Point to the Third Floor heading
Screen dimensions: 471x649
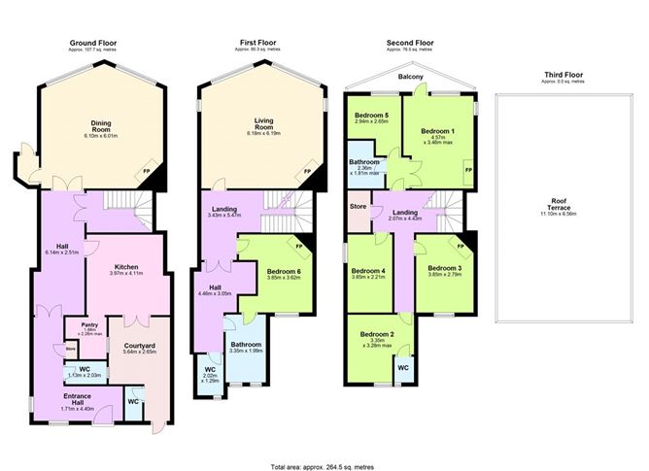coord(568,74)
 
